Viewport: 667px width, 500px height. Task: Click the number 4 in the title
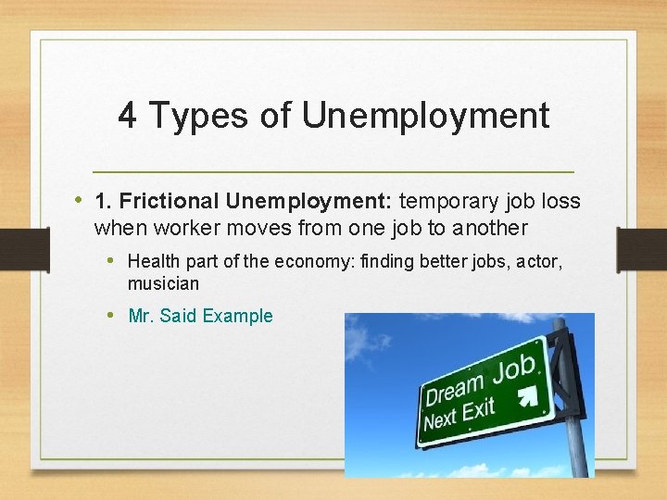[x=128, y=116]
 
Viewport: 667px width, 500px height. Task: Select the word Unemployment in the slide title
[x=425, y=116]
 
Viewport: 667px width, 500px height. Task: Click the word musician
[x=163, y=283]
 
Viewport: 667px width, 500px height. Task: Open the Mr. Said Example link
[x=200, y=316]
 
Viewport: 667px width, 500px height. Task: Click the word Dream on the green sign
[x=455, y=386]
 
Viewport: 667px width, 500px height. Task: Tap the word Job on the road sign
[x=514, y=371]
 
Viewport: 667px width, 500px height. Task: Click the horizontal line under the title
[x=333, y=173]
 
